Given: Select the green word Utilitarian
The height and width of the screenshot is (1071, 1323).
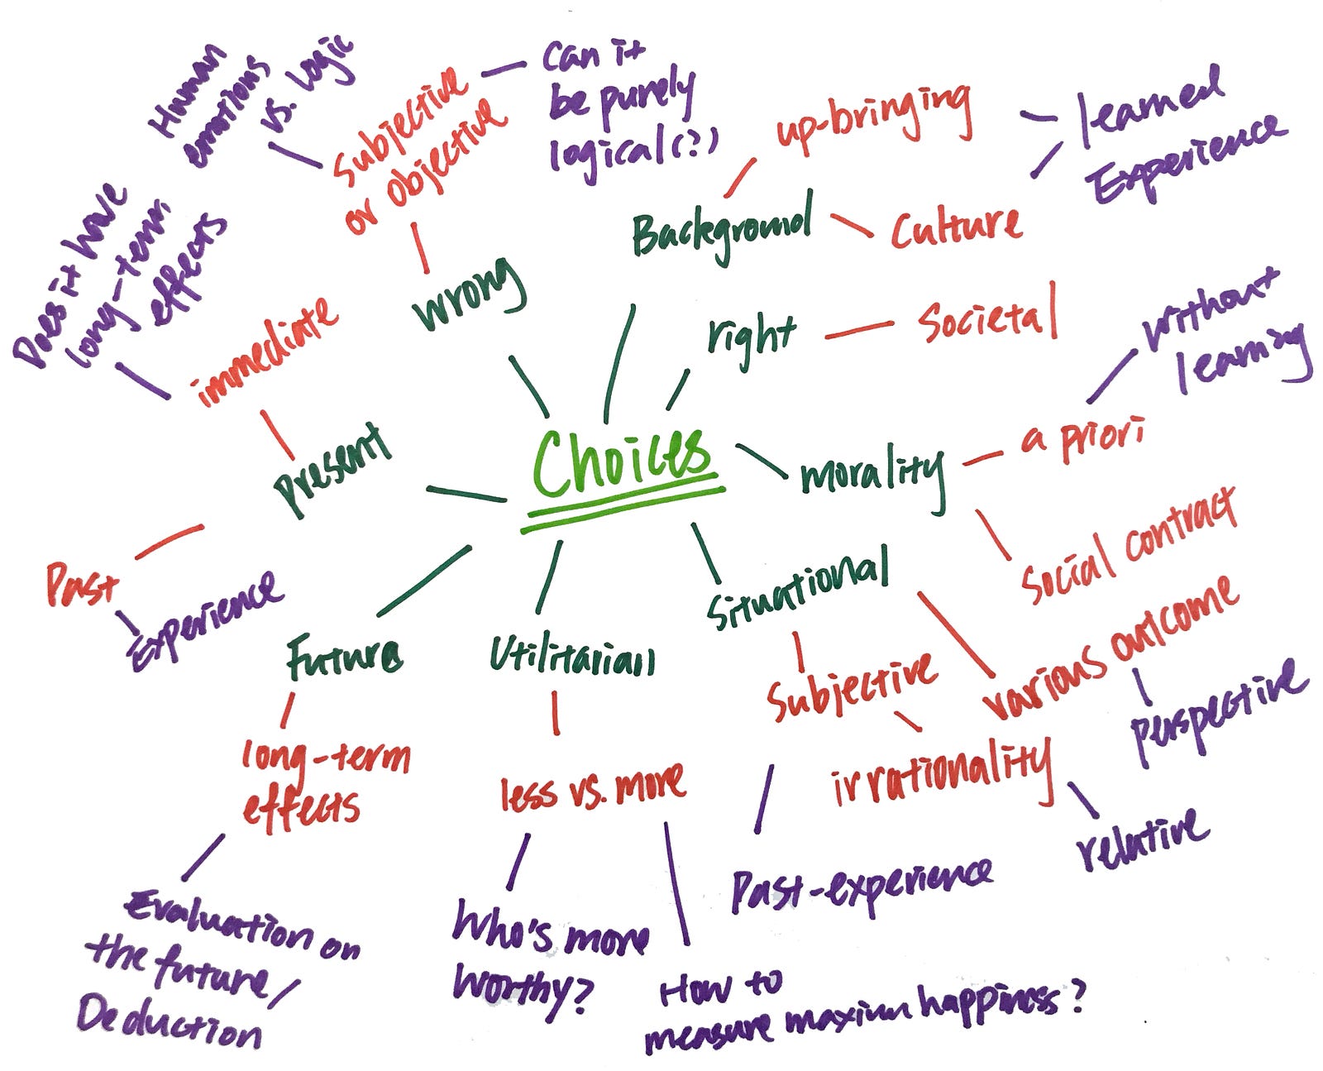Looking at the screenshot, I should pyautogui.click(x=571, y=657).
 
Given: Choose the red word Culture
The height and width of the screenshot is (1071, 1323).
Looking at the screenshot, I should pyautogui.click(x=956, y=227).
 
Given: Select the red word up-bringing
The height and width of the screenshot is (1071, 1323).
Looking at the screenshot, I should pyautogui.click(x=873, y=121).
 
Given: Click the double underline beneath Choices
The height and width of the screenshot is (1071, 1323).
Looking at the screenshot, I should pyautogui.click(x=624, y=509).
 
